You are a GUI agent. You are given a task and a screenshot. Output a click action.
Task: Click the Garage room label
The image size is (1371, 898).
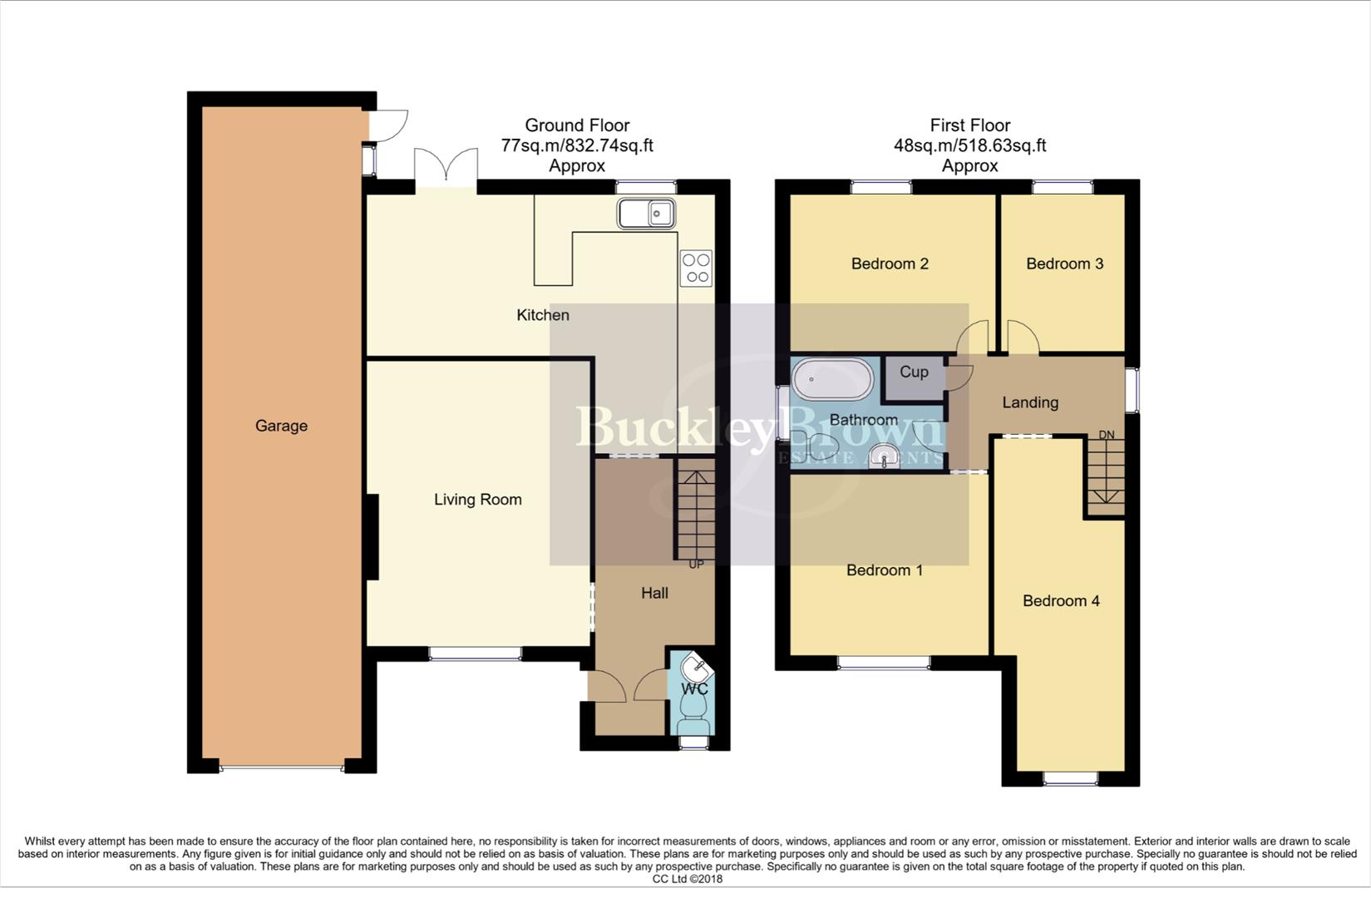281,426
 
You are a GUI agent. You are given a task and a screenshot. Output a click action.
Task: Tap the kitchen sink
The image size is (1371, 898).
646,214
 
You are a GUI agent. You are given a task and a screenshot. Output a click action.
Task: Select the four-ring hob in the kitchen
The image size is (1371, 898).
696,268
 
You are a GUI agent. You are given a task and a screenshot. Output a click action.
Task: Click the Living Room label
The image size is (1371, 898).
477,500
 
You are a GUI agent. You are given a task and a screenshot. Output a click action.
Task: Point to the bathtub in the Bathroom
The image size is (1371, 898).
832,381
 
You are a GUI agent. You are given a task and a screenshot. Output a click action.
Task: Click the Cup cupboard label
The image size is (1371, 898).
914,372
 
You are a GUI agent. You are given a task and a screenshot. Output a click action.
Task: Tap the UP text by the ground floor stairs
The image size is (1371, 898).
696,565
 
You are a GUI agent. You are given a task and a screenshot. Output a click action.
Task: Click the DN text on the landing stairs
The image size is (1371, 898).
1106,435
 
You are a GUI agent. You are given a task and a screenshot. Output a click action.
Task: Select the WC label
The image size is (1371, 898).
694,689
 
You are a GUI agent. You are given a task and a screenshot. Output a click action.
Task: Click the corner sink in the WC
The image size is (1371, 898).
694,668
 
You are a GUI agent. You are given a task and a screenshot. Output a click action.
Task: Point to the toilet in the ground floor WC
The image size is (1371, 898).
693,708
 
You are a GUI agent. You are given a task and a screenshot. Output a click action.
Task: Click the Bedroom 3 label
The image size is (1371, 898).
1064,264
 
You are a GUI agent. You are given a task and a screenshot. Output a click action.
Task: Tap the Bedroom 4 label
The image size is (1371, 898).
1061,600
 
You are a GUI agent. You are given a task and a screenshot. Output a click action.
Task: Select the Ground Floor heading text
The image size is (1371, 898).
577,126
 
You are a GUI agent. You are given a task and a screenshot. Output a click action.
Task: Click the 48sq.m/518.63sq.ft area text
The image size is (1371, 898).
969,146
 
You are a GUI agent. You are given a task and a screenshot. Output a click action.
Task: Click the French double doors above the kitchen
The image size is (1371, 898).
446,165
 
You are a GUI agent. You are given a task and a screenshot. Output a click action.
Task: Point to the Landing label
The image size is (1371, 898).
1030,402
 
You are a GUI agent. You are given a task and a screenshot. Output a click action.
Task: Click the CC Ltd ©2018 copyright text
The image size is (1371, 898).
687,879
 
